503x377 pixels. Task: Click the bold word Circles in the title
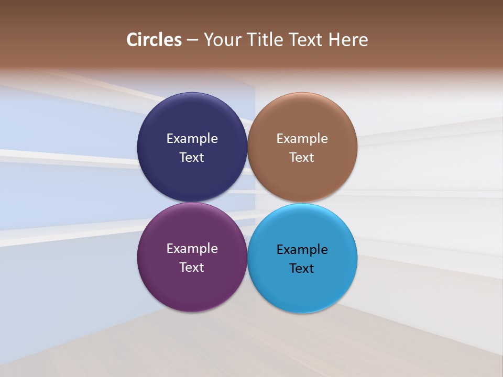pos(154,40)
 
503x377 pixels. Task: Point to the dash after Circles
pos(192,40)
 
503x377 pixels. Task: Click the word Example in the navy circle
pos(192,138)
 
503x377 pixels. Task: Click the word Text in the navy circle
pos(192,157)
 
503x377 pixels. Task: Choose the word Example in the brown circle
pos(302,138)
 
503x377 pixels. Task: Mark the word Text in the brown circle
pos(302,157)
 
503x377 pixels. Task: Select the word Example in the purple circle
pos(192,248)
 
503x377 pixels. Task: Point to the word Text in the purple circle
pos(192,267)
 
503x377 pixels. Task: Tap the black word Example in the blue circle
pos(302,249)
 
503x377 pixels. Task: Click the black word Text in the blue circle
pos(302,268)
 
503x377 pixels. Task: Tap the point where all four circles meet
pos(247,202)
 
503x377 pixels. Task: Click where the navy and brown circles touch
pos(247,147)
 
